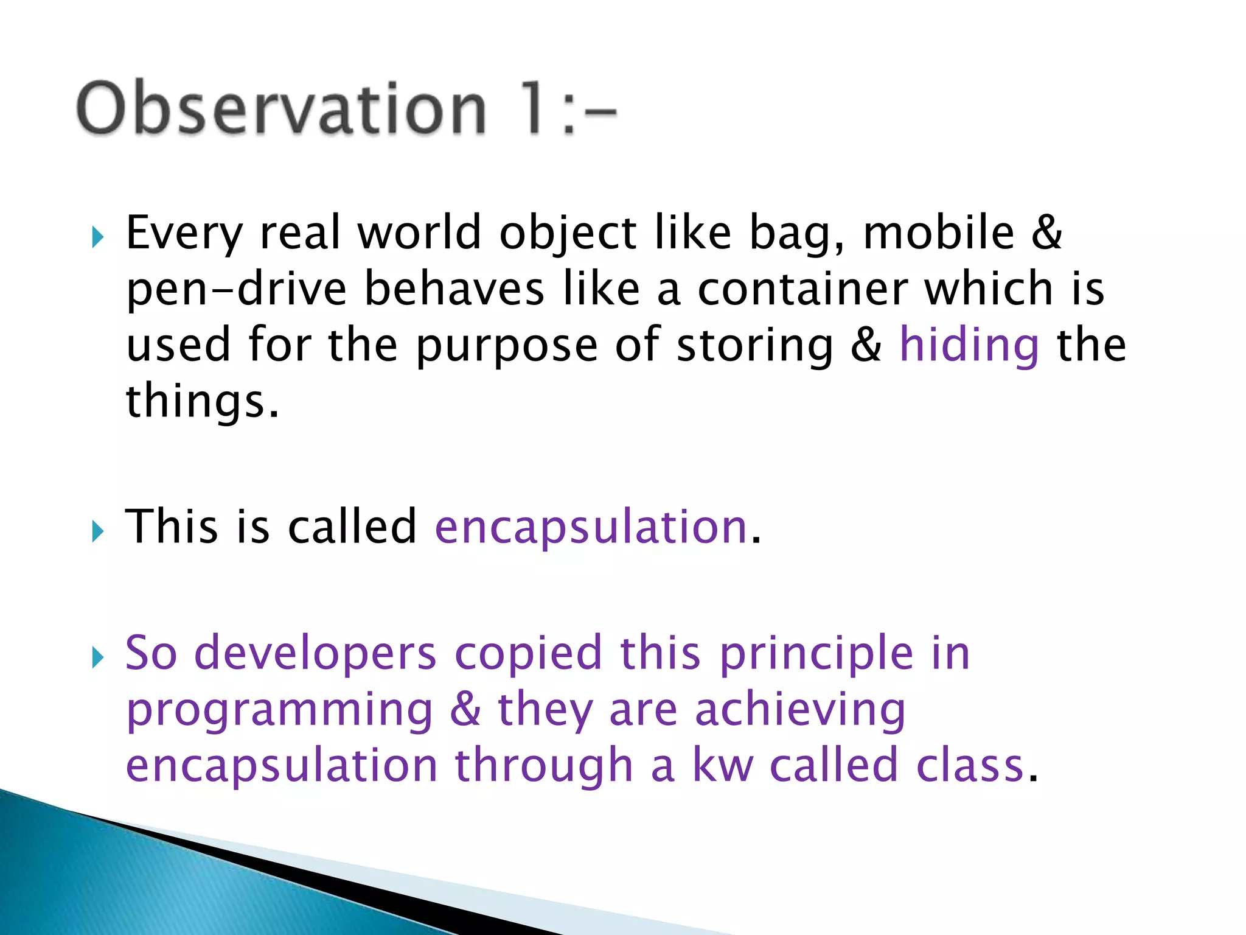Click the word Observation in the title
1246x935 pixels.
click(x=281, y=108)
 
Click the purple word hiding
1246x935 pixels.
click(x=969, y=345)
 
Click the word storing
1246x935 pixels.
click(x=754, y=345)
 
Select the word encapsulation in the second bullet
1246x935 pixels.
click(x=591, y=527)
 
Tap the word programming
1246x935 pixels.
click(x=279, y=710)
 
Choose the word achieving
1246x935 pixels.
click(x=800, y=710)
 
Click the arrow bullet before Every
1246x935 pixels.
click(x=97, y=237)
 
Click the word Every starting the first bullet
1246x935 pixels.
click(x=184, y=234)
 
